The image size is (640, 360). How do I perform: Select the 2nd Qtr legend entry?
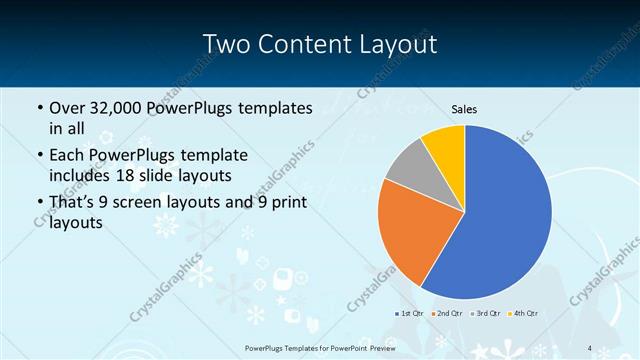[447, 314]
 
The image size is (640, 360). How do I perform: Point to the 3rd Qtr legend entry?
[486, 314]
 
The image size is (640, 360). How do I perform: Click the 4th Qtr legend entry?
[524, 314]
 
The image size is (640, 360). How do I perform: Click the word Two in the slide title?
[226, 45]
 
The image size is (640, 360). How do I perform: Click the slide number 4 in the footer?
[590, 347]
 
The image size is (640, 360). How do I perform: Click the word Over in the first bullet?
[66, 107]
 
